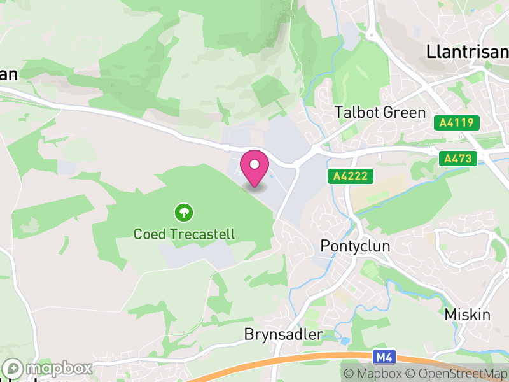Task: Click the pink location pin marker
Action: coord(254,168)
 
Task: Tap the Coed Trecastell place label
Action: coord(184,234)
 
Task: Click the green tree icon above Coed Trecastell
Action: coord(184,212)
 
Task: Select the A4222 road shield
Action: coord(349,176)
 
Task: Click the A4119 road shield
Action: coord(456,122)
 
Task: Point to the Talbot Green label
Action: coord(380,113)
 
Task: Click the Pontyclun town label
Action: coord(355,246)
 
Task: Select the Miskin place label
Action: coord(468,315)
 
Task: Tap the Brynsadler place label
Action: coord(283,334)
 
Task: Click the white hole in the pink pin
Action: coord(254,164)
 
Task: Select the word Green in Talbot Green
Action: coord(405,113)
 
